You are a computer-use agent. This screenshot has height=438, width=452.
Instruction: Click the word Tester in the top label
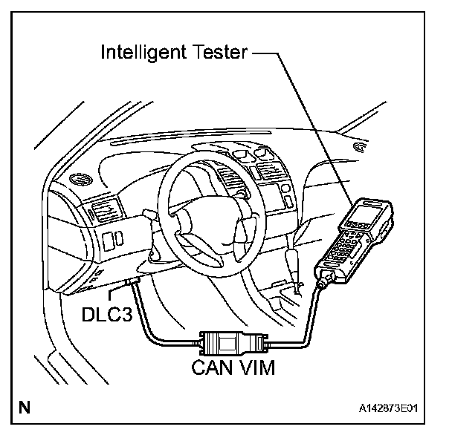(x=219, y=53)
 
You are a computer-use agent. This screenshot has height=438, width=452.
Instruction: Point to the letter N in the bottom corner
(x=26, y=407)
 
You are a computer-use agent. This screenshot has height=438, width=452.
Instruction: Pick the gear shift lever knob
(x=294, y=261)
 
